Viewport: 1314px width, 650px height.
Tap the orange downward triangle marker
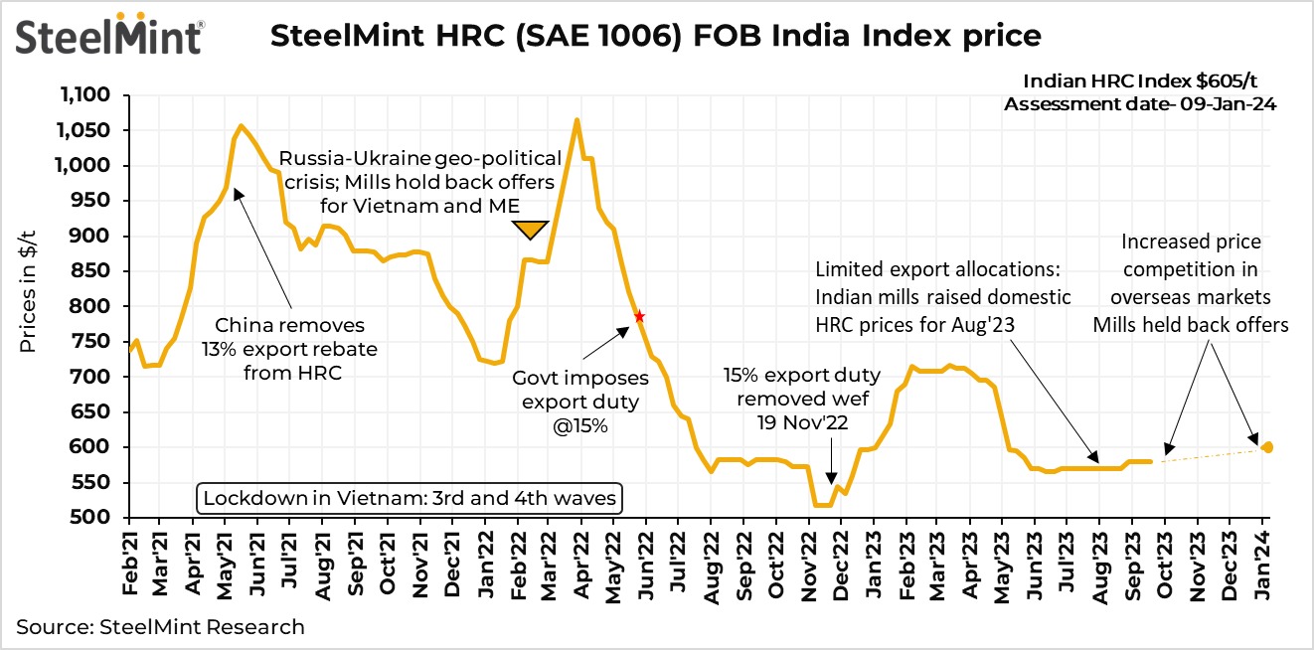tap(532, 230)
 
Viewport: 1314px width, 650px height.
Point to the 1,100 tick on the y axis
tap(96, 95)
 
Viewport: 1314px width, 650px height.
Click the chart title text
tap(656, 37)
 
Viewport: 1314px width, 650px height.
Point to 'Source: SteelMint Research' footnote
tap(160, 627)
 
